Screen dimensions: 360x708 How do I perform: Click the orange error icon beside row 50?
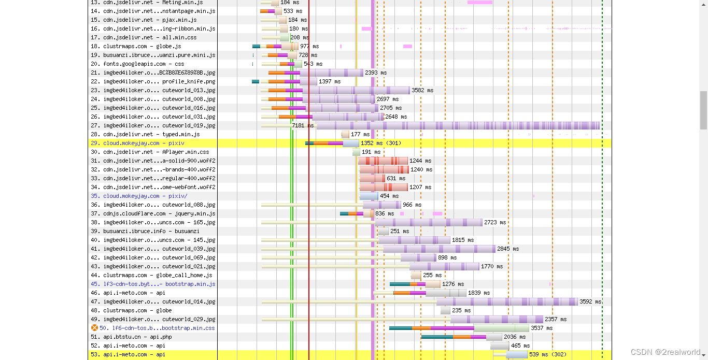coord(94,328)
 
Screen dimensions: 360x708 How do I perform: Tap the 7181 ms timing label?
coord(303,125)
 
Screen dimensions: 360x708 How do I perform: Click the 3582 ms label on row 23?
coord(422,90)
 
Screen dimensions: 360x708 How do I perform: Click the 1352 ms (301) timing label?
coord(381,143)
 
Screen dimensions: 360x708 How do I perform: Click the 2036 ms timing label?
coord(515,337)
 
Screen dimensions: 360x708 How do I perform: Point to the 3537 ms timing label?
coord(542,328)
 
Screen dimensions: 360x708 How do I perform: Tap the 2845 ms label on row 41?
coord(508,249)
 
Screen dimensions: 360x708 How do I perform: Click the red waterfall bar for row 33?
coord(372,178)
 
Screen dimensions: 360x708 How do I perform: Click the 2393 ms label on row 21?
coord(376,73)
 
